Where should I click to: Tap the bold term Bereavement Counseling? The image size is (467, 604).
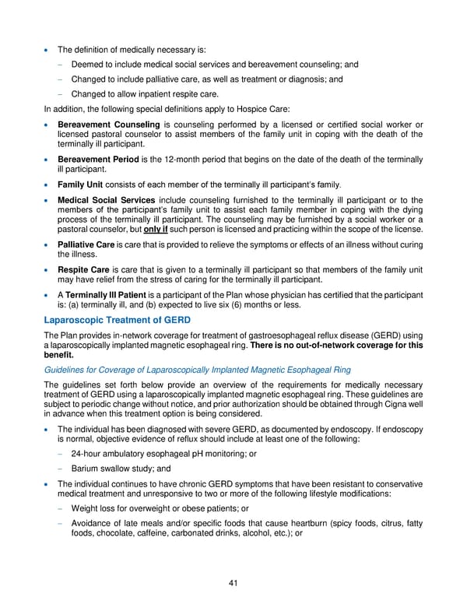(108, 125)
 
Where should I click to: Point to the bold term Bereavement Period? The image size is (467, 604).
(101, 160)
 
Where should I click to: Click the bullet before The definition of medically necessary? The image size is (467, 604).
(48, 50)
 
